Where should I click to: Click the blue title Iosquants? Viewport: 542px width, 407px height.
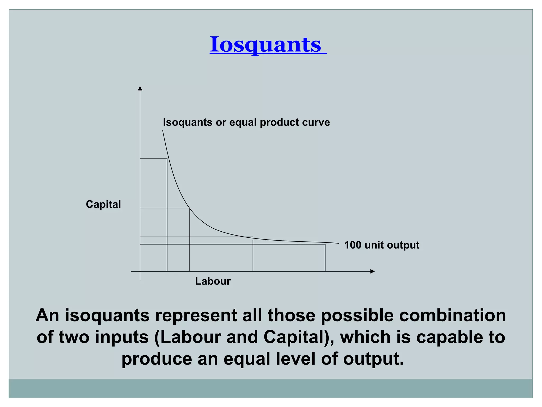(x=268, y=44)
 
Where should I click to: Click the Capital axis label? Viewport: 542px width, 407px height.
(x=103, y=204)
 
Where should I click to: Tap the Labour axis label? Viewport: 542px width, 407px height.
(x=213, y=281)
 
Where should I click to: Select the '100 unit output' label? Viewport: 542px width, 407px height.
(x=381, y=245)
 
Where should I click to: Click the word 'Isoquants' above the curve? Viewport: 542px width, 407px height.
(x=187, y=122)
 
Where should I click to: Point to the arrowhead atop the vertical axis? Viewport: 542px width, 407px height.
(x=140, y=88)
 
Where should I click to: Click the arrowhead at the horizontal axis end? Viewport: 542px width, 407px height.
(x=373, y=271)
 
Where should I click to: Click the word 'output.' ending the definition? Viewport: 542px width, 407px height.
(x=374, y=359)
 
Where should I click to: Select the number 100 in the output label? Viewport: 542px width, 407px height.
(x=353, y=245)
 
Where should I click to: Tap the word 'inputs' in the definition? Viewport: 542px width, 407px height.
(x=122, y=337)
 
